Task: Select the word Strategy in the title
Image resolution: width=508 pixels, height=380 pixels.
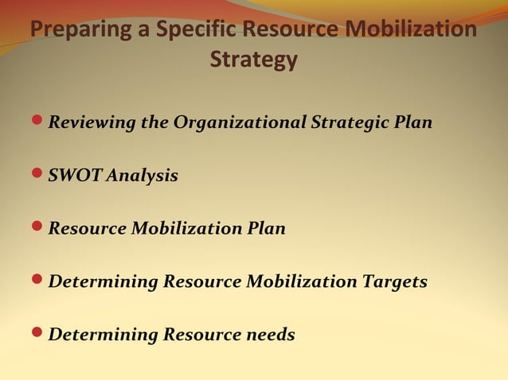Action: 254,60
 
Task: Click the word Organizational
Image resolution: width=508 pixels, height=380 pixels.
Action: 240,123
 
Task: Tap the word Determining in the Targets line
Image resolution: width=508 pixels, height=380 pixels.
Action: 103,281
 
